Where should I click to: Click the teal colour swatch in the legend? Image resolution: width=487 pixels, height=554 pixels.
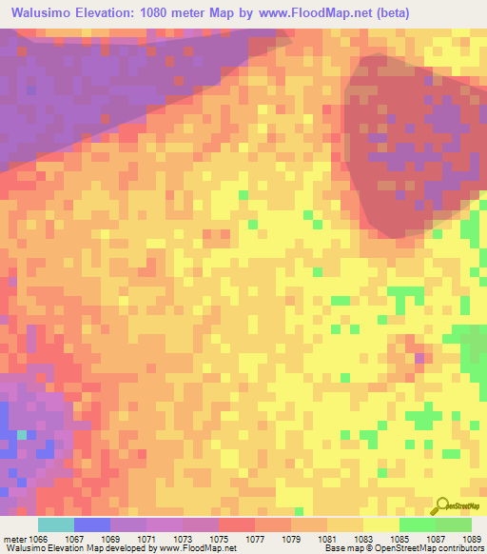(x=55, y=524)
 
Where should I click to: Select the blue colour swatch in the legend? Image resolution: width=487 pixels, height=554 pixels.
(x=91, y=524)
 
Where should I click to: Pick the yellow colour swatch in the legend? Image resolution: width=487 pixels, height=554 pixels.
(x=380, y=524)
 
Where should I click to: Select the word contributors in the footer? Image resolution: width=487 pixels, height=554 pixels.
(x=461, y=548)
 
